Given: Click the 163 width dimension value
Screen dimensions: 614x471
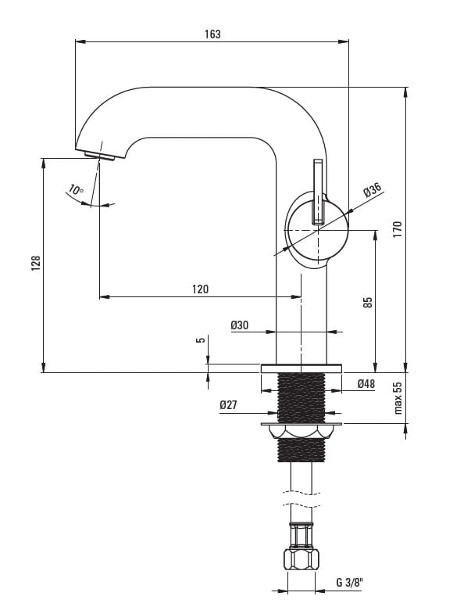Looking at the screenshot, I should click(212, 34).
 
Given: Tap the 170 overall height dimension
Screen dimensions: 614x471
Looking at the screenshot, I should click(397, 229).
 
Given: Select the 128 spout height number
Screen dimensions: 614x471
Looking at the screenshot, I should click(35, 264).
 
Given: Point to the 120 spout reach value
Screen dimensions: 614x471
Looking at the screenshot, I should click(200, 289).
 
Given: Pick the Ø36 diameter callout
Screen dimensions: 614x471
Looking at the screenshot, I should click(372, 191).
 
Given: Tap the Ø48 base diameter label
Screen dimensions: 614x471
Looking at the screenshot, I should click(366, 384).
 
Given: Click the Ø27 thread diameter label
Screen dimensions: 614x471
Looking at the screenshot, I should click(229, 404).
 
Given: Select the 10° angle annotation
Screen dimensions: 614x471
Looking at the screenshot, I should click(76, 189).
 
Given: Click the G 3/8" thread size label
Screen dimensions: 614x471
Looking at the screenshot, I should click(349, 582).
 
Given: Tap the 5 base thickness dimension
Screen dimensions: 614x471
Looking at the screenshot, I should click(201, 340).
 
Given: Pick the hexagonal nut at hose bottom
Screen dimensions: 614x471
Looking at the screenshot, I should click(301, 560).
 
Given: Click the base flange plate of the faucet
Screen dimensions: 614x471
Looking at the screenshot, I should click(301, 368).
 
